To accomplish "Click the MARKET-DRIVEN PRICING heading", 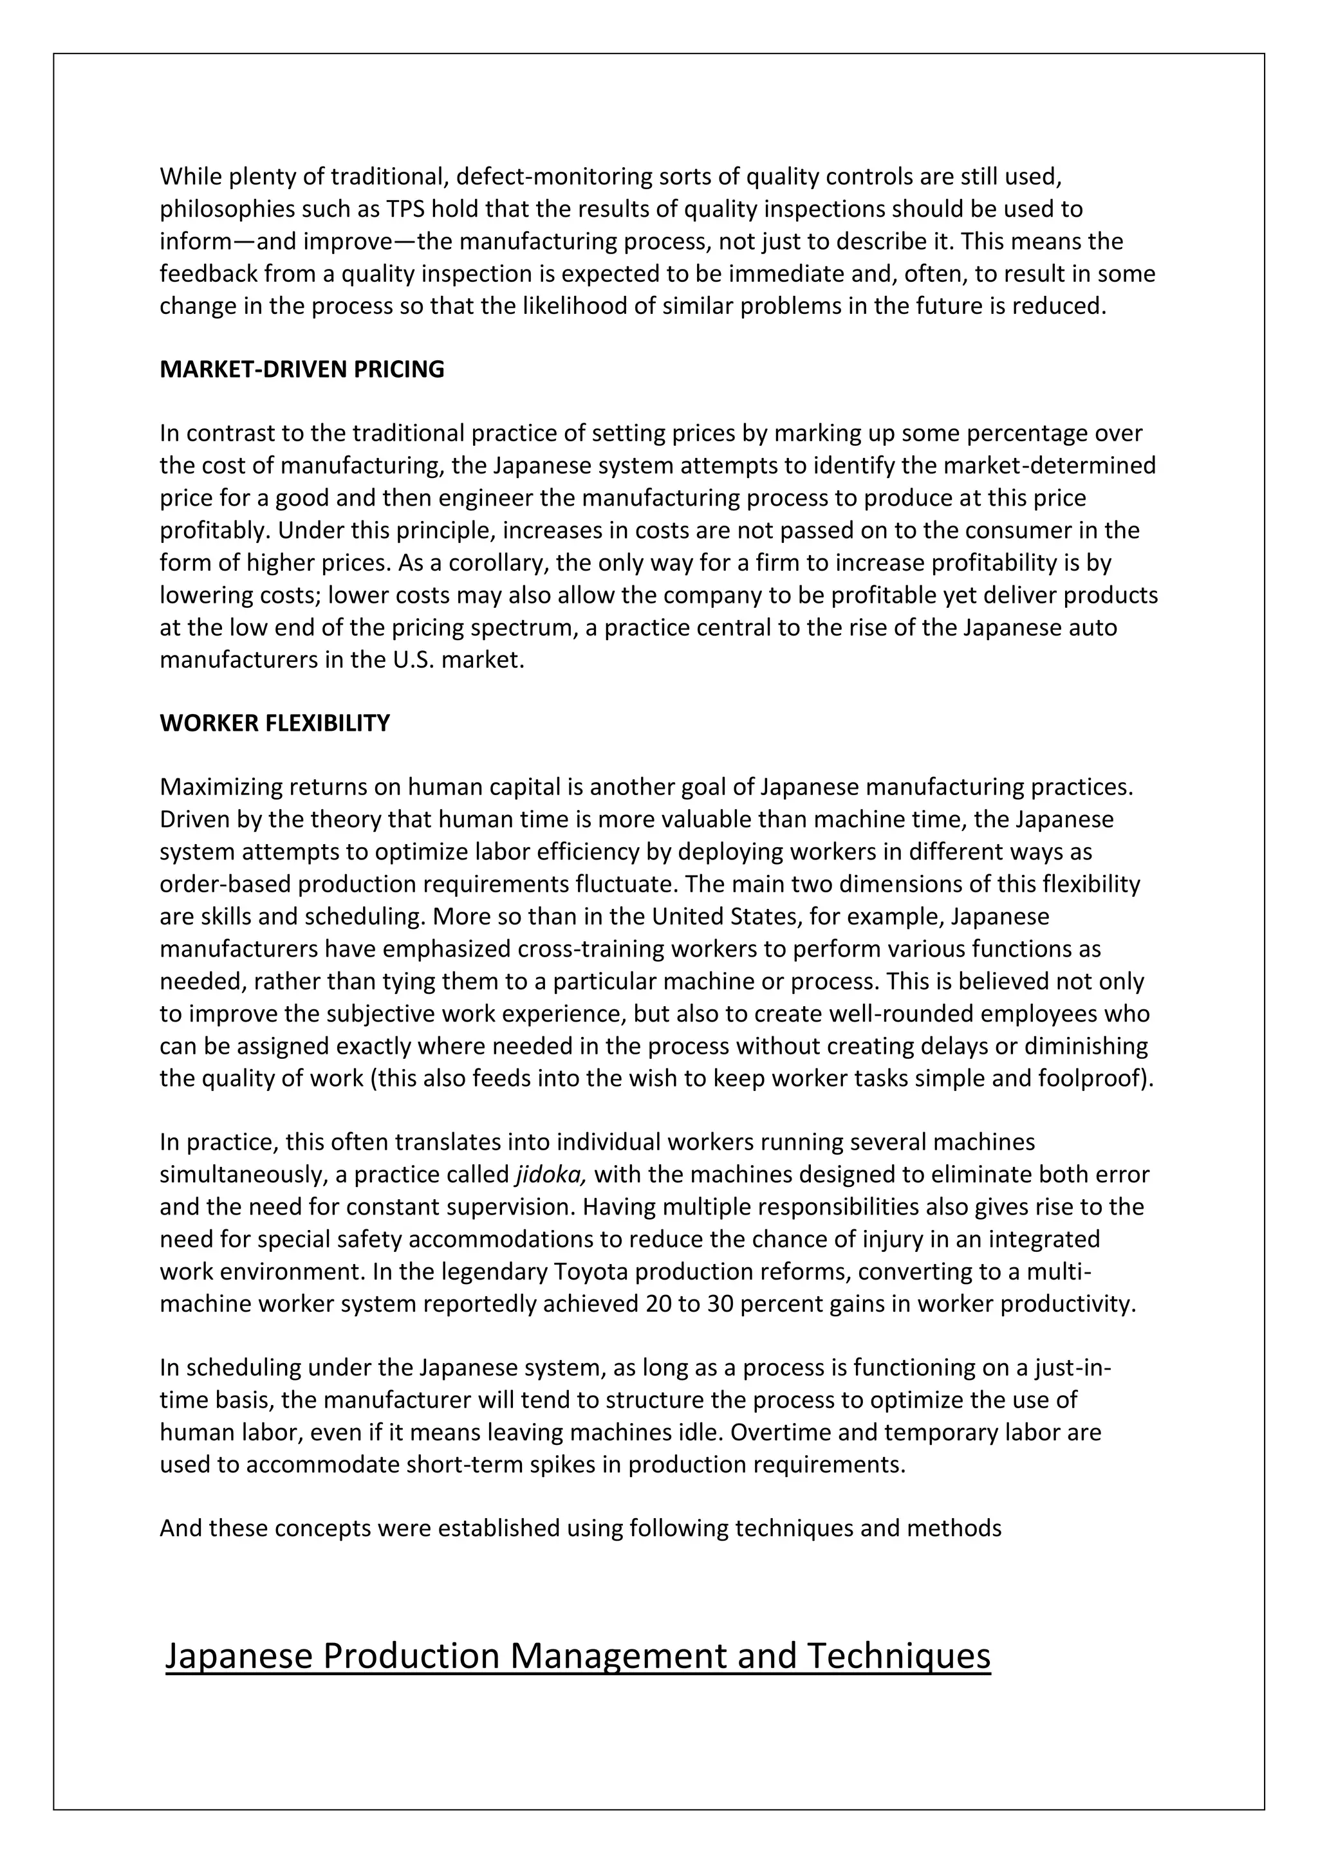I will pos(302,370).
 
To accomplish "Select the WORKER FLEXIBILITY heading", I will pos(274,724).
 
